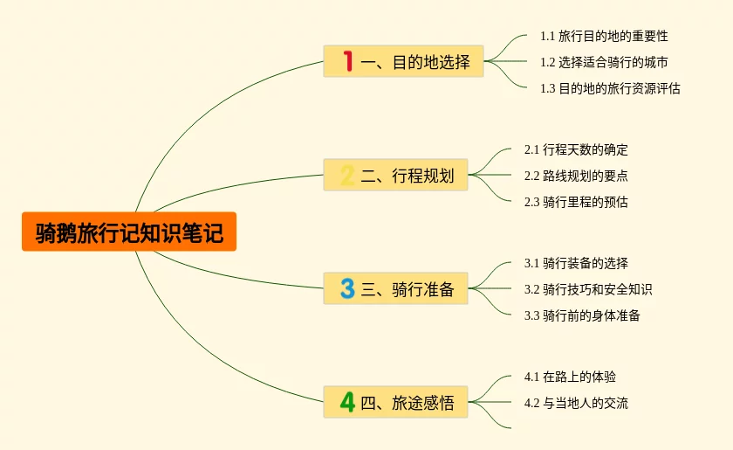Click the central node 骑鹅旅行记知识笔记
[129, 232]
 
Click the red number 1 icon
[347, 62]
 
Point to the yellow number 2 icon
[347, 176]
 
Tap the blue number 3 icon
[347, 289]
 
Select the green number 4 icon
[347, 403]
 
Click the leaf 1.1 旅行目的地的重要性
[604, 36]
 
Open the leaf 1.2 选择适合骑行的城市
[604, 62]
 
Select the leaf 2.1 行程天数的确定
[576, 149]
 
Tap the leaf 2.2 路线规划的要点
[576, 176]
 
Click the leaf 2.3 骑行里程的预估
[576, 202]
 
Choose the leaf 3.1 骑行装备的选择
[576, 263]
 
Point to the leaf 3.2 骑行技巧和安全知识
[588, 289]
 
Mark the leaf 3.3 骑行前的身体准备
[582, 315]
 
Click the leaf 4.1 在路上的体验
[570, 377]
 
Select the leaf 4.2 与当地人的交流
[576, 403]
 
